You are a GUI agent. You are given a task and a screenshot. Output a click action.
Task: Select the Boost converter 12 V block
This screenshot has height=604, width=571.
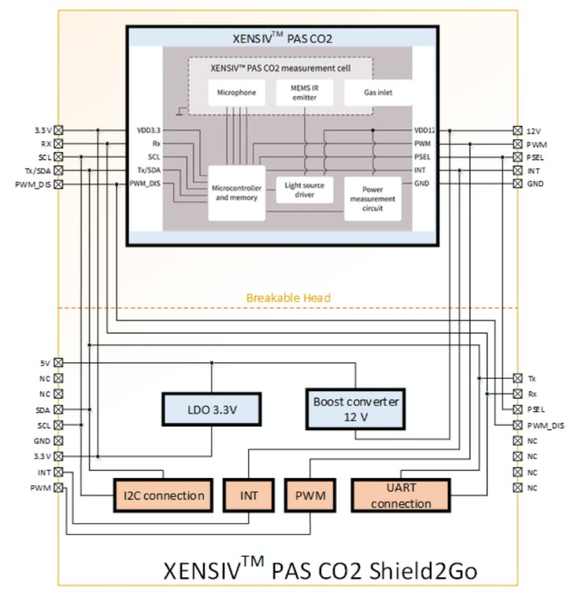tap(356, 408)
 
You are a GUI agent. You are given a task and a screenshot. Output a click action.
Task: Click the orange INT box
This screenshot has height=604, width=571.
tap(250, 496)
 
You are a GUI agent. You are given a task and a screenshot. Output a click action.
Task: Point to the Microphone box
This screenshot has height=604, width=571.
tap(236, 94)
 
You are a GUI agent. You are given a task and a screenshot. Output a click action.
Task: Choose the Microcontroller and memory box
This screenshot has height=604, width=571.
tap(236, 193)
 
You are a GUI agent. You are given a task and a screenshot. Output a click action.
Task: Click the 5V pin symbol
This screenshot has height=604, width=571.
tap(58, 363)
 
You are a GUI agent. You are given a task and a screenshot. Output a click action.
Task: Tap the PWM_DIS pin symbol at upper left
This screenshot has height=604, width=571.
tap(58, 184)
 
